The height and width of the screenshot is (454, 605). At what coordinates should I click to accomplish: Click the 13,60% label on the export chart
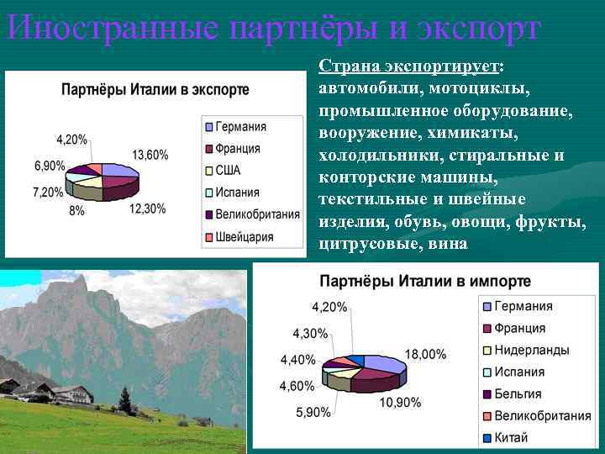point(150,155)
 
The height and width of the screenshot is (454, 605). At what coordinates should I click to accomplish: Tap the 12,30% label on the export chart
point(147,209)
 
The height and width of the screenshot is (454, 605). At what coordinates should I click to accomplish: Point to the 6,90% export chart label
point(50,166)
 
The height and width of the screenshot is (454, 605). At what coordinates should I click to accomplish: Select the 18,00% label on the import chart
point(426,355)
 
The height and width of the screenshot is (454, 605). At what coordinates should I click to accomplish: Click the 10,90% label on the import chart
point(400,403)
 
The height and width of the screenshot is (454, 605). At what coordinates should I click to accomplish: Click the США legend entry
point(227,170)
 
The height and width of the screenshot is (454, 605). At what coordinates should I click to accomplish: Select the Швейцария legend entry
point(244,236)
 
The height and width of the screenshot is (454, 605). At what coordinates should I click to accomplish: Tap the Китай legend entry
point(511,437)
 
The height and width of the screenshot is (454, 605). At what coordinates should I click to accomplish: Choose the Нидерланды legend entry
point(531,350)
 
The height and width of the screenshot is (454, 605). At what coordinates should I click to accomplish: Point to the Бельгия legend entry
point(518,393)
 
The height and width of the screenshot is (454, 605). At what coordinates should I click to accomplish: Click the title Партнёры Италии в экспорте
point(155,89)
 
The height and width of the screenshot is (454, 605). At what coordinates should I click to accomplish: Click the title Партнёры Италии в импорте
point(425,280)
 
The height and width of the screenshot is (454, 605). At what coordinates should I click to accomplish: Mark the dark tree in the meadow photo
point(125,402)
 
